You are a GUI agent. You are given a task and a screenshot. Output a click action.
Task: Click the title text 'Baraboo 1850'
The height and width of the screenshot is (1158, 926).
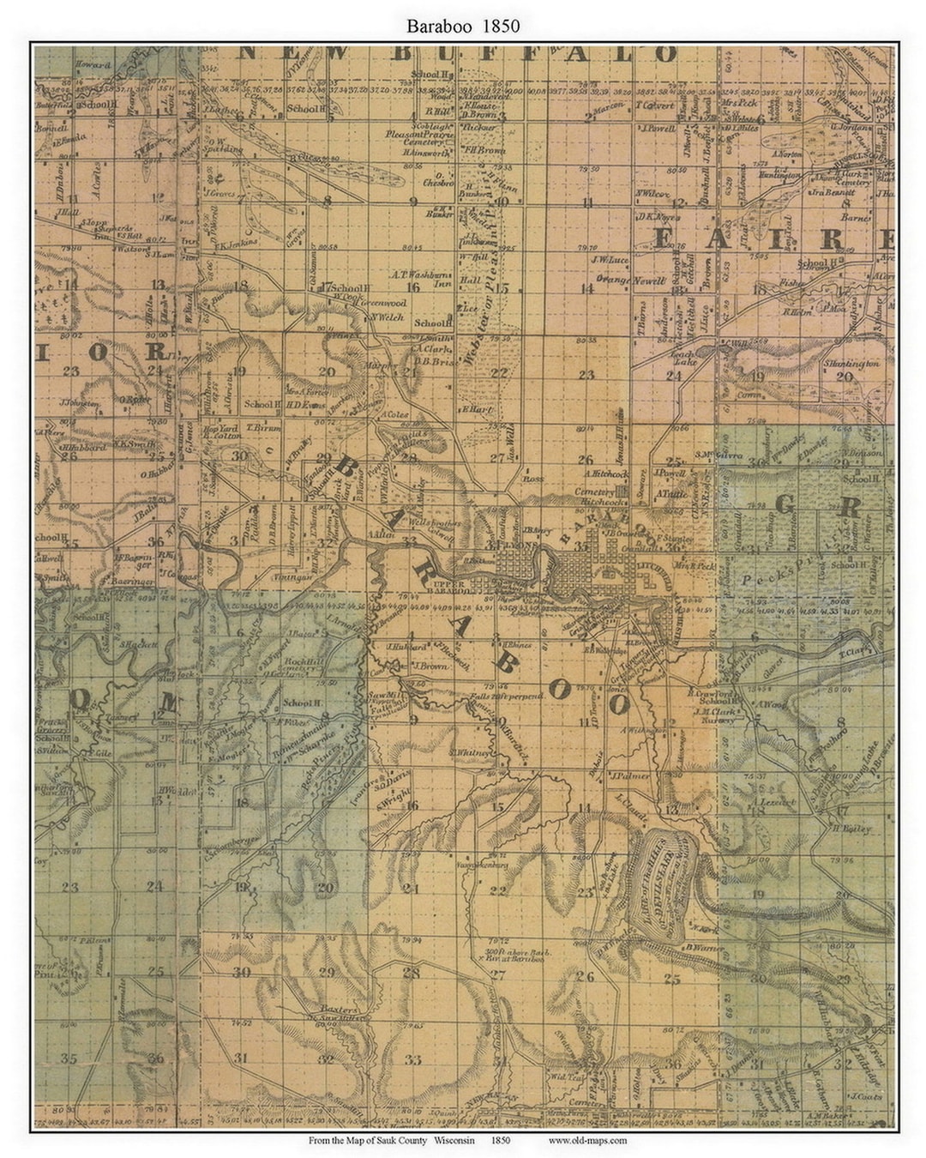463,27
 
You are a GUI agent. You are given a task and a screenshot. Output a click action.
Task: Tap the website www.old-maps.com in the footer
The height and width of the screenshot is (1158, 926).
587,1140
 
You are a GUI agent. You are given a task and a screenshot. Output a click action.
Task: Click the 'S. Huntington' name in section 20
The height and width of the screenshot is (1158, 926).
851,364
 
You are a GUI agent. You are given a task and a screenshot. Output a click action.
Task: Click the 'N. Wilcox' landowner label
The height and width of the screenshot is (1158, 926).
652,193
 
